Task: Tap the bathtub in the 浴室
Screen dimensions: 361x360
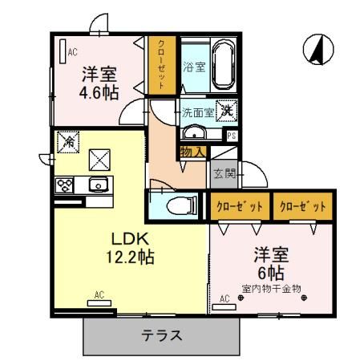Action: click(221, 65)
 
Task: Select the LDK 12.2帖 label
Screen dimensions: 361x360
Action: click(126, 247)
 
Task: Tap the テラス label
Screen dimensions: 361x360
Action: click(162, 335)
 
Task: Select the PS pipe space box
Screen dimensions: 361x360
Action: click(231, 136)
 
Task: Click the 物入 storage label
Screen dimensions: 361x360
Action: click(192, 150)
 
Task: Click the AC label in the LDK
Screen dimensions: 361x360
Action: click(99, 296)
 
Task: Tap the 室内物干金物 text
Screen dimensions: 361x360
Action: click(270, 287)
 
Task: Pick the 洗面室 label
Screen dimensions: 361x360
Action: click(196, 113)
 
